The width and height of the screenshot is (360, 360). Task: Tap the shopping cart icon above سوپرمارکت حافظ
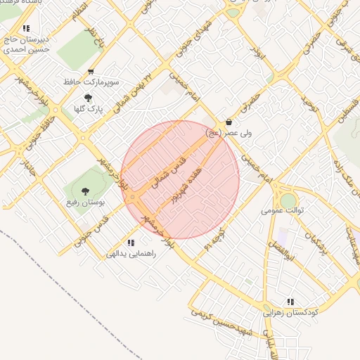pyautogui.click(x=91, y=72)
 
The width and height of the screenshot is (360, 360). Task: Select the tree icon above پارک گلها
pyautogui.click(x=88, y=98)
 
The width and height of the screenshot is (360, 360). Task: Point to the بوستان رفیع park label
pyautogui.click(x=85, y=202)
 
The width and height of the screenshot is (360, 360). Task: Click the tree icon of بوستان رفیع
pyautogui.click(x=85, y=191)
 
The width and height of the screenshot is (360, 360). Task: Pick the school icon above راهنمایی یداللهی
pyautogui.click(x=131, y=243)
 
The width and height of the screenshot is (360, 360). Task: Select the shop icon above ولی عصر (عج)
pyautogui.click(x=229, y=121)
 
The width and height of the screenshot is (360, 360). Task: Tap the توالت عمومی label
pyautogui.click(x=282, y=210)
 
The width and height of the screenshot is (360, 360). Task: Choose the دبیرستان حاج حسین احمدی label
pyautogui.click(x=26, y=44)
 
